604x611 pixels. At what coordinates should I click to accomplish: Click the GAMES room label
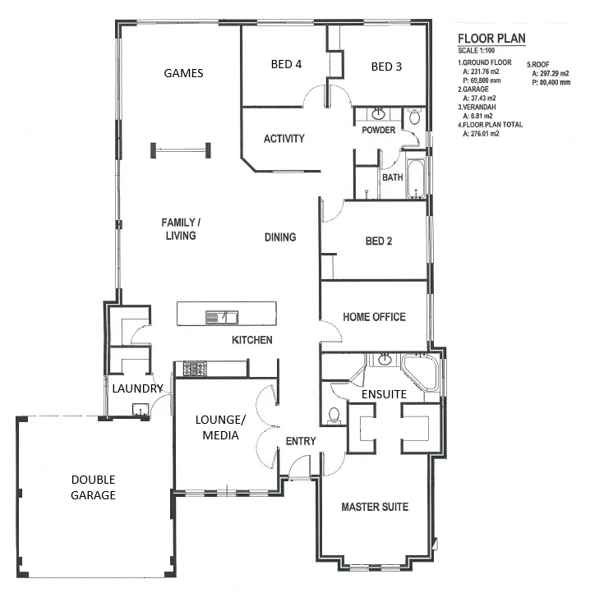[x=183, y=73]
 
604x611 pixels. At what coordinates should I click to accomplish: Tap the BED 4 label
[x=286, y=64]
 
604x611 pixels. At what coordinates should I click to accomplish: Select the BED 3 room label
[x=386, y=67]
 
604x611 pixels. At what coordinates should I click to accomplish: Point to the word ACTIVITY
[x=284, y=139]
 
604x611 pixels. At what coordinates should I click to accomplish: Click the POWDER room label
[x=378, y=130]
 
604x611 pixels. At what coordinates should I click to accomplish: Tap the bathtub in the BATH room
[x=415, y=178]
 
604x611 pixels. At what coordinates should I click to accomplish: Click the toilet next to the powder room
[x=414, y=116]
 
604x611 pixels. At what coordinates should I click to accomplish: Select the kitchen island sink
[x=222, y=317]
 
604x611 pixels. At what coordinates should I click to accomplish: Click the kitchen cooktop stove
[x=195, y=368]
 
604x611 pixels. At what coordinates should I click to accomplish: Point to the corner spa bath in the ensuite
[x=421, y=372]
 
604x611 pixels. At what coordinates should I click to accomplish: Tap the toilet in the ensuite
[x=334, y=416]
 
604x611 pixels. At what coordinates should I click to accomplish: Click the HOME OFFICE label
[x=374, y=317]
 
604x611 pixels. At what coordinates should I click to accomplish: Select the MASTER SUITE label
[x=375, y=507]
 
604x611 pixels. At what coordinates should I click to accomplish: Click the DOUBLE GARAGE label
[x=93, y=487]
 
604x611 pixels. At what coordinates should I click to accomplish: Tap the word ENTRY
[x=301, y=441]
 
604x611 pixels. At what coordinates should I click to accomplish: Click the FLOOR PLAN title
[x=491, y=39]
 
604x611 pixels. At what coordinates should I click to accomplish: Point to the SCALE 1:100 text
[x=476, y=51]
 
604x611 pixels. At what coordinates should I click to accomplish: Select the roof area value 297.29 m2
[x=551, y=73]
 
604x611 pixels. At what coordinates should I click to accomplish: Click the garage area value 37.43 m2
[x=479, y=99]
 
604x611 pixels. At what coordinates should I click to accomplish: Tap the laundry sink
[x=140, y=410]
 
